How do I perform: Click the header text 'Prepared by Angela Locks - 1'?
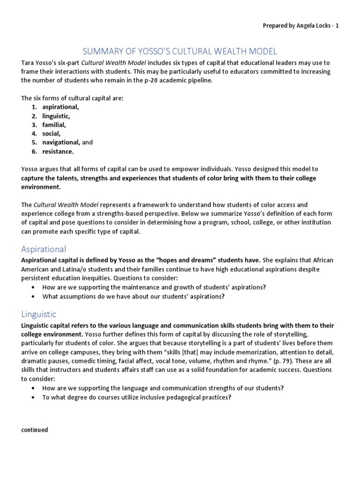300,26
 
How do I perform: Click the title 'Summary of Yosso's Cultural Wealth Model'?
180,51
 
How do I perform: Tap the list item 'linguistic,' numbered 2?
56,116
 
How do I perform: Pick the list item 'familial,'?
54,125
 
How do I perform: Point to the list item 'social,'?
52,134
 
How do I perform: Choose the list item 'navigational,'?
61,142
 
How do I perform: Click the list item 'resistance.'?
58,151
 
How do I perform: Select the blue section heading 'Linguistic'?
39,314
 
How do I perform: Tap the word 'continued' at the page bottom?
35,429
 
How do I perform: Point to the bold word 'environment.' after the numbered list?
41,187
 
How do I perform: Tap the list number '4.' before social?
34,134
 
